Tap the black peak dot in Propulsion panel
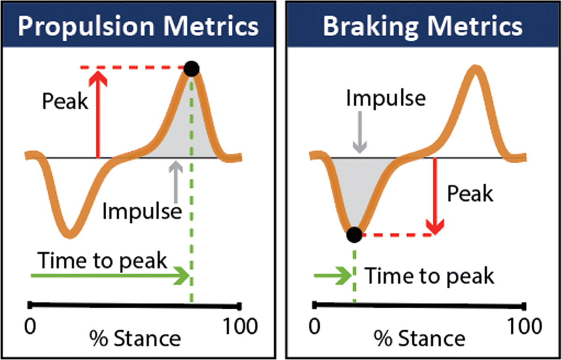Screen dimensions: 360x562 point(192,69)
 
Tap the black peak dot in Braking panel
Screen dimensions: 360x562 point(354,234)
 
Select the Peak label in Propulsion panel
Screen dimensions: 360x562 point(65,102)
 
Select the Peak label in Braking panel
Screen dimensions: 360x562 point(470,193)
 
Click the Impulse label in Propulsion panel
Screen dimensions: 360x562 point(142,212)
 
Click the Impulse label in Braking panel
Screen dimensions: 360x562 point(386,98)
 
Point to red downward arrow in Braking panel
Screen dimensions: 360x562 point(436,197)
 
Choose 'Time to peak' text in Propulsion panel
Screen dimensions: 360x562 point(102,260)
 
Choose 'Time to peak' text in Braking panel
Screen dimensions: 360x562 point(429,276)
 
